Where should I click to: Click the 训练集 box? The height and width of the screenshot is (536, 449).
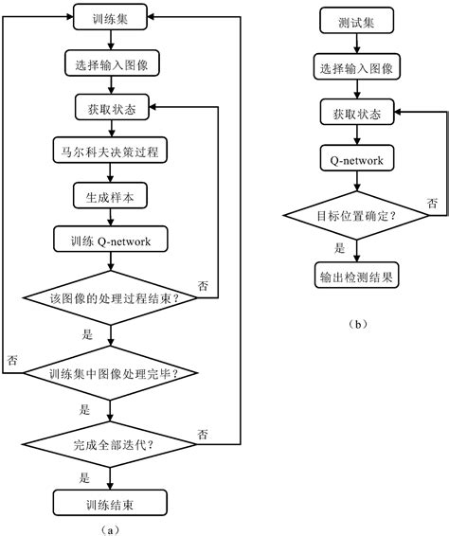(x=112, y=17)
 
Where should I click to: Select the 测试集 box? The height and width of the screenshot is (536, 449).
(x=356, y=22)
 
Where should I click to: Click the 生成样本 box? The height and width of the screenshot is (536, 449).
(x=112, y=195)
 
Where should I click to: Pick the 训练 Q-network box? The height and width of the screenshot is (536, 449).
(x=112, y=240)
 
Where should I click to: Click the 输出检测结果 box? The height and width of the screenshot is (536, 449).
(x=356, y=277)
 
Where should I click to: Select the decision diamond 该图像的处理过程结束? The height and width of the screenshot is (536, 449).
(x=112, y=299)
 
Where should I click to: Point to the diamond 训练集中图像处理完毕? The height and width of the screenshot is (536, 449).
(x=112, y=373)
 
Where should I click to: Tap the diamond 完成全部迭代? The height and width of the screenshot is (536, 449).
(x=112, y=441)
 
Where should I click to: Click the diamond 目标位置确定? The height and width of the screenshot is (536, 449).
(x=356, y=217)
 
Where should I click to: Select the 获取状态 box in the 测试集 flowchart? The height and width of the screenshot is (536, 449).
(x=356, y=114)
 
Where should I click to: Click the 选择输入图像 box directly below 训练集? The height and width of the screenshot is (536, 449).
(x=112, y=64)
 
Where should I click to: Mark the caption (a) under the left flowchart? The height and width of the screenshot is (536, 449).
(x=112, y=527)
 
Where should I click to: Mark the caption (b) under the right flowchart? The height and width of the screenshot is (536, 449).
(x=356, y=324)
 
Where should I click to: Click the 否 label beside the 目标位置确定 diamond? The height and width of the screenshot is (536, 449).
(x=432, y=203)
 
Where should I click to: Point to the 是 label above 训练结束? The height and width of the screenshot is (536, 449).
(x=84, y=477)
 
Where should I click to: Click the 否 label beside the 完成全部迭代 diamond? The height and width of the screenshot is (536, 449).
(x=203, y=434)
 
